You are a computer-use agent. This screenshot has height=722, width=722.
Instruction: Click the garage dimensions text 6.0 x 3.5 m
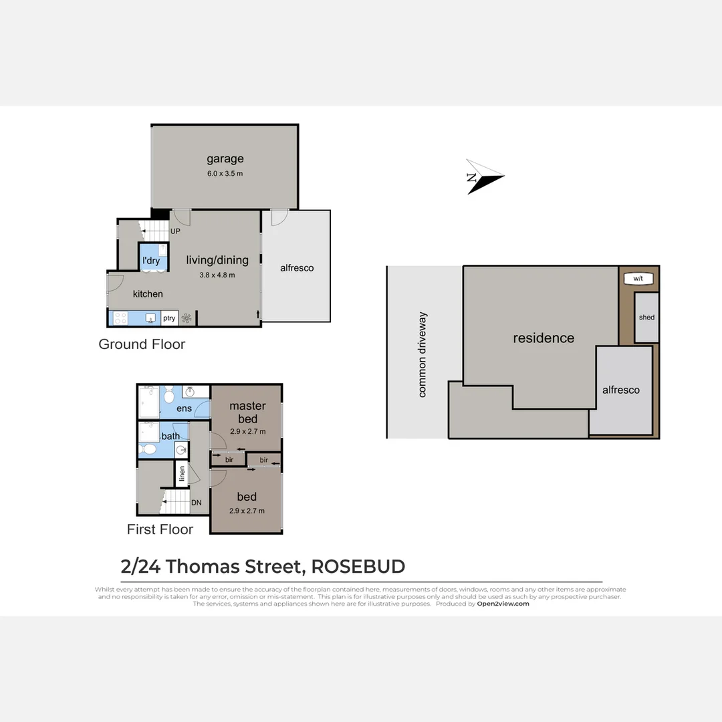225,173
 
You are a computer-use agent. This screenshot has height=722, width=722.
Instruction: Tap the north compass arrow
483,176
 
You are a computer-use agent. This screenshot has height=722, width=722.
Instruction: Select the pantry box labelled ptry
169,318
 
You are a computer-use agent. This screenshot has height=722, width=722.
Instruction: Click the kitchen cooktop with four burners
121,318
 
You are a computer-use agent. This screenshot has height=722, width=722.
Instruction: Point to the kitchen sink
151,318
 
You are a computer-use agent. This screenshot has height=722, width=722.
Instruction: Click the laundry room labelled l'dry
152,260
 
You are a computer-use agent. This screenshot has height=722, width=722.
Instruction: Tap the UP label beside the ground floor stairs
175,231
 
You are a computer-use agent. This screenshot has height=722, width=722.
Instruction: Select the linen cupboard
181,474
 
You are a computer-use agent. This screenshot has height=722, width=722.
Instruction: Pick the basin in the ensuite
190,392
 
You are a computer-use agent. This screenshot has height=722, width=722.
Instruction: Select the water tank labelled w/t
638,278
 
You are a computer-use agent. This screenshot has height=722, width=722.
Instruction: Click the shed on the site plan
646,318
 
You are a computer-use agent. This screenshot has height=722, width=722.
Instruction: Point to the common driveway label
422,355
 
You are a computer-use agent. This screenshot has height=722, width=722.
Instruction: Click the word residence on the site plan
544,338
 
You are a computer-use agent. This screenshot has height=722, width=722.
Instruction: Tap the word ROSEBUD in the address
358,567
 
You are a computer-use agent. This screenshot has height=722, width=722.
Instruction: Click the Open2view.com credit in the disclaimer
503,604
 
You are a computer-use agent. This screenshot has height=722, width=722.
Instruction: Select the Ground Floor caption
142,344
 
